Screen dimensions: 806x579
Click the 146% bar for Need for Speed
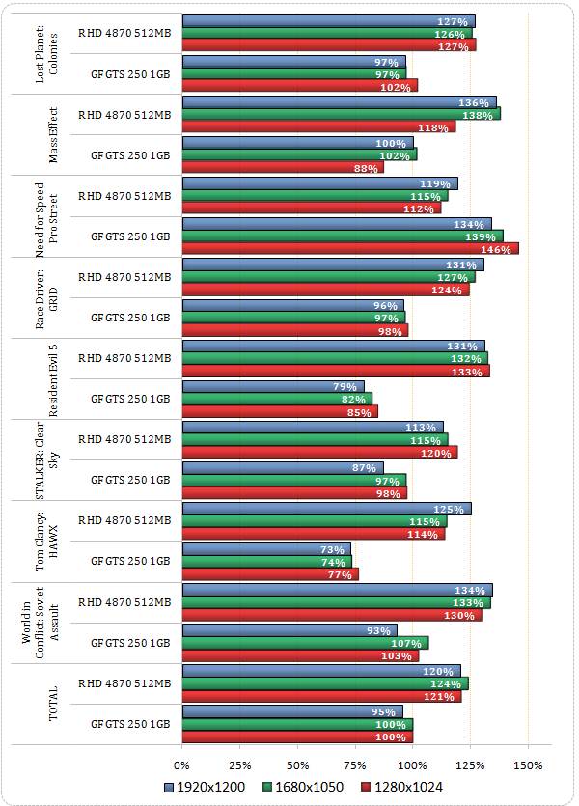click(x=349, y=248)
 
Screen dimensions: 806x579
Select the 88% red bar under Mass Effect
click(x=282, y=167)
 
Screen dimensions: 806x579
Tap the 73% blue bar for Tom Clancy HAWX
click(x=266, y=549)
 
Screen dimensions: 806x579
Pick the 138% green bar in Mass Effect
click(x=341, y=114)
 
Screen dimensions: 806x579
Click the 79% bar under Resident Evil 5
click(x=273, y=387)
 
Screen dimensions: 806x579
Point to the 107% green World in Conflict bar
click(x=305, y=643)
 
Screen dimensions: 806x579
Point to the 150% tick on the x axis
click(x=528, y=764)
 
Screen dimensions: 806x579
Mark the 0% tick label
click(x=182, y=764)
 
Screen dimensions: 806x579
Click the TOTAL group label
click(x=53, y=704)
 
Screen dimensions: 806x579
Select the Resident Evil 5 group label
click(x=53, y=377)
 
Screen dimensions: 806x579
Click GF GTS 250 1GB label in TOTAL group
click(x=130, y=724)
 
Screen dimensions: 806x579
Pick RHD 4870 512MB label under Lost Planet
click(x=124, y=33)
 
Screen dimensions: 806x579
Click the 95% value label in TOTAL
click(x=385, y=711)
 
